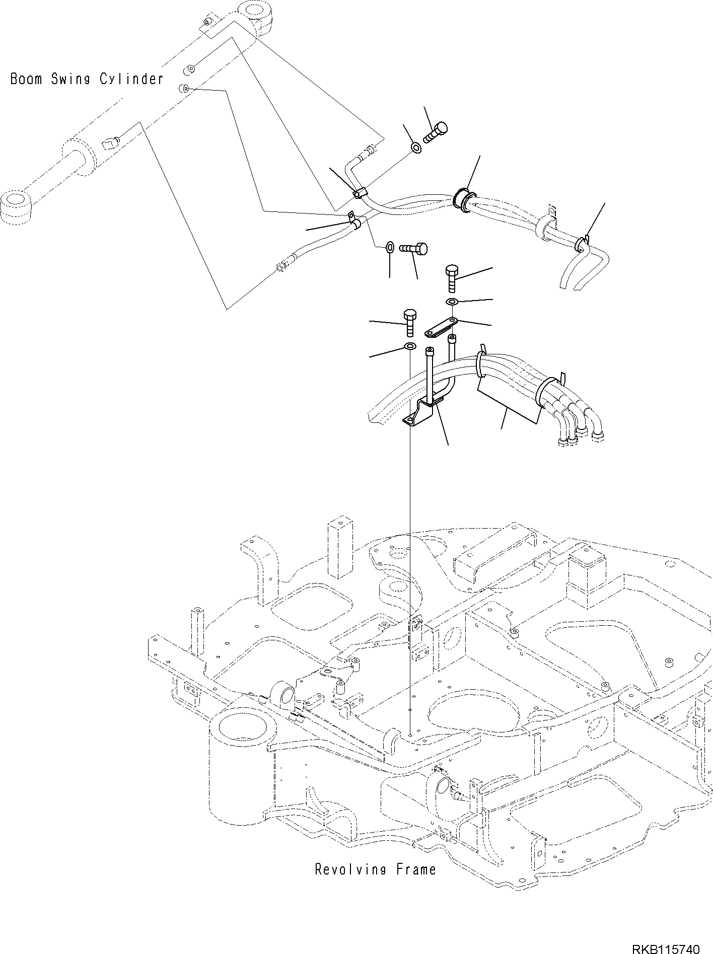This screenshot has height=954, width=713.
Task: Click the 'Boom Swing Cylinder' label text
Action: [x=87, y=79]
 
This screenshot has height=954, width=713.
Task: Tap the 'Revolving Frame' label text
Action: [x=375, y=869]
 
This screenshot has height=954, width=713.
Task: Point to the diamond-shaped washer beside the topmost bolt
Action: [x=416, y=148]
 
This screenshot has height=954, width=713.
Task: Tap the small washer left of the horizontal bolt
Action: [x=390, y=247]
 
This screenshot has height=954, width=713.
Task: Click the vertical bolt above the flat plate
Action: [x=451, y=278]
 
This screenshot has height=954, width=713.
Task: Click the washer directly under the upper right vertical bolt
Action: [x=452, y=302]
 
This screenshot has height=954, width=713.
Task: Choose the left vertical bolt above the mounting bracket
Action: [x=409, y=323]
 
